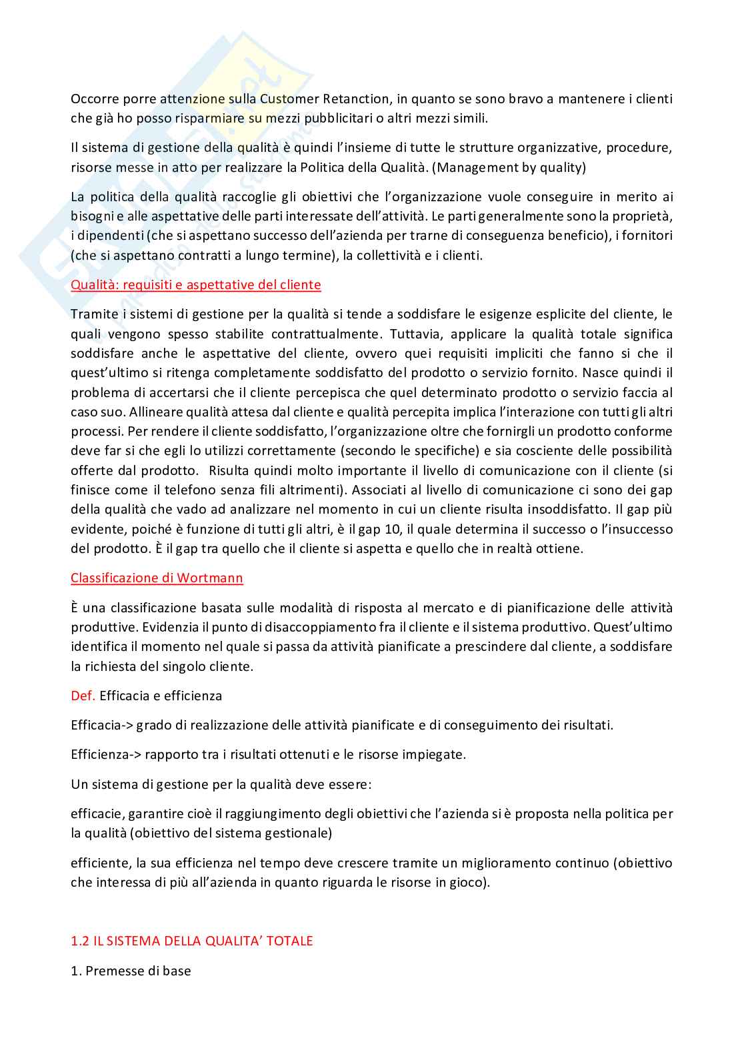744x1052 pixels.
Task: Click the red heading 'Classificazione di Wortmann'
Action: pyautogui.click(x=157, y=578)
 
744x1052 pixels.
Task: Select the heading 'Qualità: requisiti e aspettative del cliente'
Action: pyautogui.click(x=196, y=285)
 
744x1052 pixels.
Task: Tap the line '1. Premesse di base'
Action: pyautogui.click(x=131, y=971)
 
